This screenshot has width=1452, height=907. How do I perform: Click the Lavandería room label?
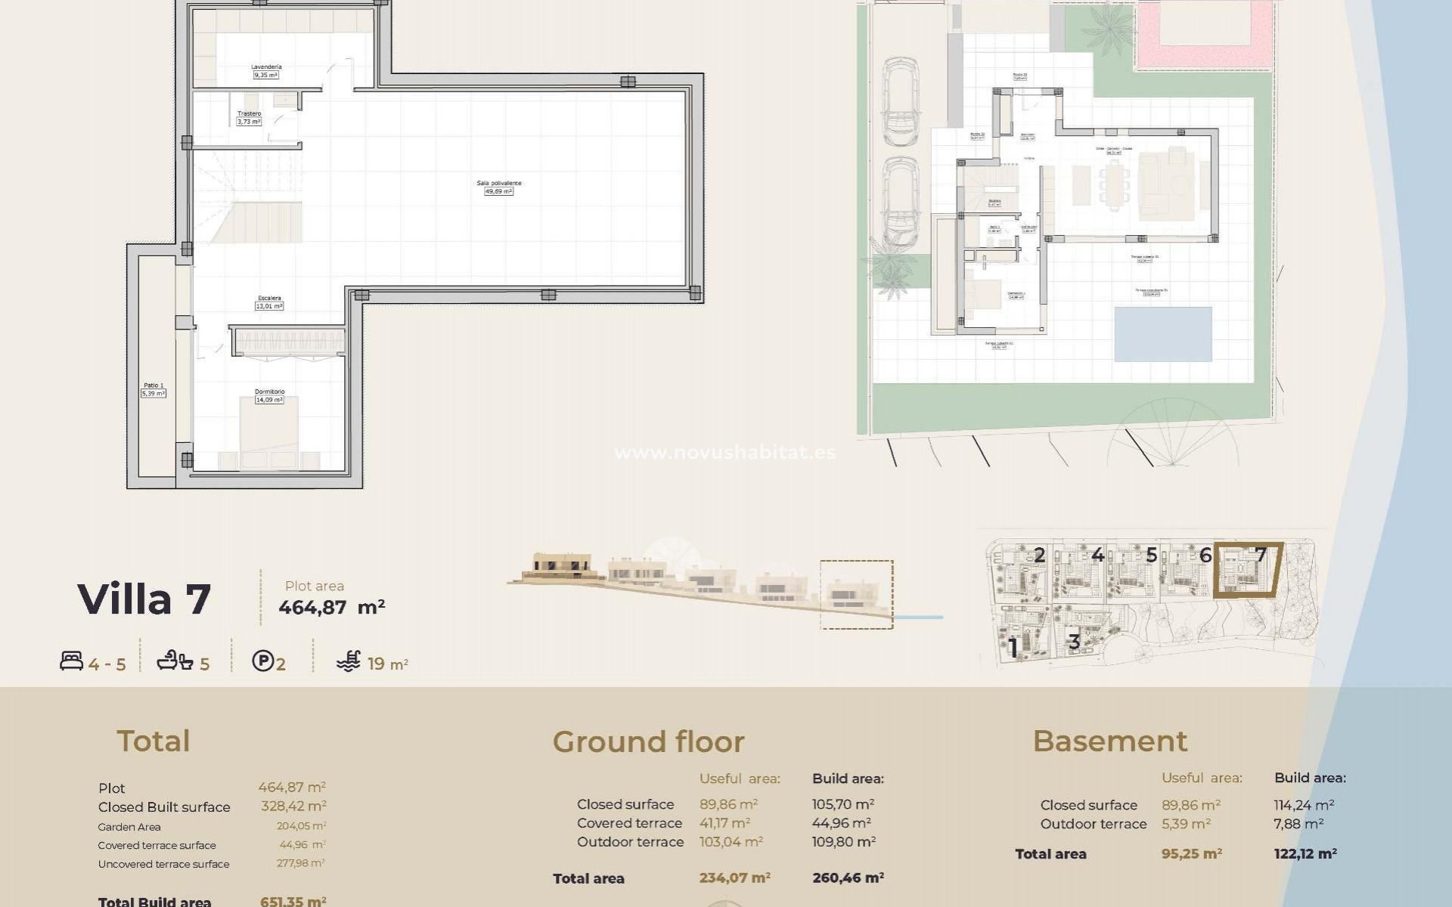pos(266,67)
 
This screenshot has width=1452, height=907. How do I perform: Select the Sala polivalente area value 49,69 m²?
pos(498,192)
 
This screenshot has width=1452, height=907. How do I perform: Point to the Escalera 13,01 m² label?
pos(269,302)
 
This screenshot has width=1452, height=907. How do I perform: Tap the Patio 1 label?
pos(154,389)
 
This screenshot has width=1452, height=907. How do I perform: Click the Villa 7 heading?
pos(144,599)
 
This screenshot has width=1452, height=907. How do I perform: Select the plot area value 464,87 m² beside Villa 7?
pos(331,608)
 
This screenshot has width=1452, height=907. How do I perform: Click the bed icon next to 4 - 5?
pos(71,661)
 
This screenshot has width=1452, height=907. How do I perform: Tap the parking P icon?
pos(262,662)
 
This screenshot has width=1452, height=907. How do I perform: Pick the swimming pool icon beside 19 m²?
pos(349,661)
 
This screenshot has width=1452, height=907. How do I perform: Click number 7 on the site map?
pos(1260,556)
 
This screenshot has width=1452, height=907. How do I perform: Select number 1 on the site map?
pos(1013,648)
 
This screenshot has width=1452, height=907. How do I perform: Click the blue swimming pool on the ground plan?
pos(1162,333)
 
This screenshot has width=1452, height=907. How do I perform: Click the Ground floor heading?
pos(648,742)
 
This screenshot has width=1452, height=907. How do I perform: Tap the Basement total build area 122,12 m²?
pos(1305,854)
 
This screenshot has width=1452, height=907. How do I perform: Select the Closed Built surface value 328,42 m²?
pos(293,806)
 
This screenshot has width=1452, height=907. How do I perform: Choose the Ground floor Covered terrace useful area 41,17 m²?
pos(724,823)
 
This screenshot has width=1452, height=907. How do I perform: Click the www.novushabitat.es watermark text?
pos(724,453)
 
